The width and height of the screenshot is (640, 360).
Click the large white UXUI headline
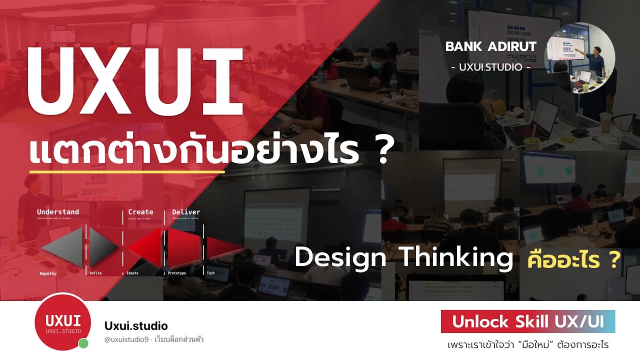[135, 82]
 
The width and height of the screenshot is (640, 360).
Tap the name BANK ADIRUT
[490, 46]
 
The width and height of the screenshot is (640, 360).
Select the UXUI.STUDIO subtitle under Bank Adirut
[490, 66]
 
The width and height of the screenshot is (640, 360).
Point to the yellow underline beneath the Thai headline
[127, 172]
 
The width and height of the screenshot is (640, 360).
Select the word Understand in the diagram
[57, 212]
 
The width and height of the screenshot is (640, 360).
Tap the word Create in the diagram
[140, 212]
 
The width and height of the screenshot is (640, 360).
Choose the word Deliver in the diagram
[186, 212]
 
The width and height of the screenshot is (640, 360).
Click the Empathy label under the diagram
[48, 273]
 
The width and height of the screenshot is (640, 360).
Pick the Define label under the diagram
[95, 273]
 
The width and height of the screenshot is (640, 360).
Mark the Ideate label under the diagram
[132, 273]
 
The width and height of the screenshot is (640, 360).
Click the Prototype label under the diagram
[177, 273]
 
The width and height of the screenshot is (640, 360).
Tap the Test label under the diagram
[211, 273]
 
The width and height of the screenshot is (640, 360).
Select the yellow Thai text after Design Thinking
[574, 259]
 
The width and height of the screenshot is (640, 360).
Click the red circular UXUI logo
[63, 321]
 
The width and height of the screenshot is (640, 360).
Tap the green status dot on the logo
[83, 343]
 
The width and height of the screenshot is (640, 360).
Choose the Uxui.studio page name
[136, 326]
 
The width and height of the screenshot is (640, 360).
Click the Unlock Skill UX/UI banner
[527, 321]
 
